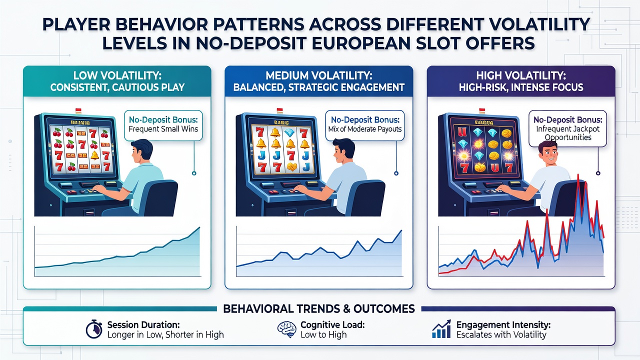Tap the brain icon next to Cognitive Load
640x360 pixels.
pyautogui.click(x=286, y=329)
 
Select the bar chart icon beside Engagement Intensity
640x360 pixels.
pyautogui.click(x=441, y=329)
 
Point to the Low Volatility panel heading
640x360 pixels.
pyautogui.click(x=117, y=81)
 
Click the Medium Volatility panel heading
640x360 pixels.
pyautogui.click(x=319, y=81)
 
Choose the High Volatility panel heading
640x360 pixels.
pyautogui.click(x=521, y=81)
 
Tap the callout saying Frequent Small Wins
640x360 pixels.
pyautogui.click(x=163, y=124)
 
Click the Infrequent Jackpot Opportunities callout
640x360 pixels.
pyautogui.click(x=567, y=128)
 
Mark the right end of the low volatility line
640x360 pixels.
pyautogui.click(x=199, y=227)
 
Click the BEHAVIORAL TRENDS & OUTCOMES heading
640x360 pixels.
pyautogui.click(x=319, y=309)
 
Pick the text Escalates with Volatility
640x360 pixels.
pyautogui.click(x=501, y=334)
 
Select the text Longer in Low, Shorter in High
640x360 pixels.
pyautogui.click(x=165, y=334)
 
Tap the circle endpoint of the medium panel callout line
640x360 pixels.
pyautogui.click(x=396, y=173)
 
